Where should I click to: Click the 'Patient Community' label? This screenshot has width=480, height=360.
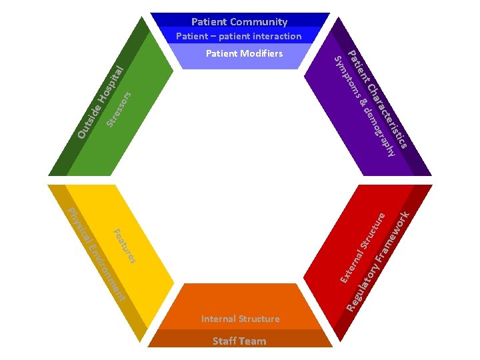[x=239, y=22]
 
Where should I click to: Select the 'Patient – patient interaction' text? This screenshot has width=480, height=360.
[x=239, y=36]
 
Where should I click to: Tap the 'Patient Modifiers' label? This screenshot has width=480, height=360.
[x=244, y=53]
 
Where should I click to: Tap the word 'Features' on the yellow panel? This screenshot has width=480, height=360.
[x=125, y=246]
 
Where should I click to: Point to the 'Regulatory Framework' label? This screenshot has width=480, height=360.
[x=378, y=260]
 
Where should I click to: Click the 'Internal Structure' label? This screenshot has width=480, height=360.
[x=240, y=319]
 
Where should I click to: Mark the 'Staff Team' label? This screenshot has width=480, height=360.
[x=239, y=341]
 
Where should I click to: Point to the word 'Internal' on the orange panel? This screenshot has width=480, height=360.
[x=219, y=319]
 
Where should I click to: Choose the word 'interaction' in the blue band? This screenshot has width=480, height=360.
[x=274, y=36]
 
